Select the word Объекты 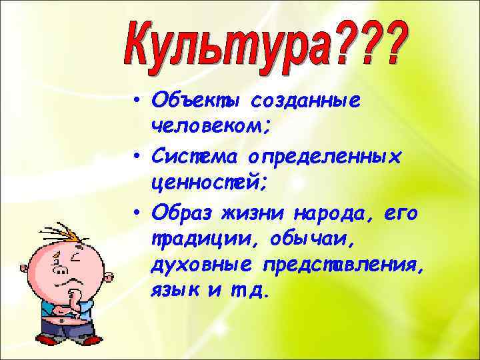point(197,101)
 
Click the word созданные point(305,101)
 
